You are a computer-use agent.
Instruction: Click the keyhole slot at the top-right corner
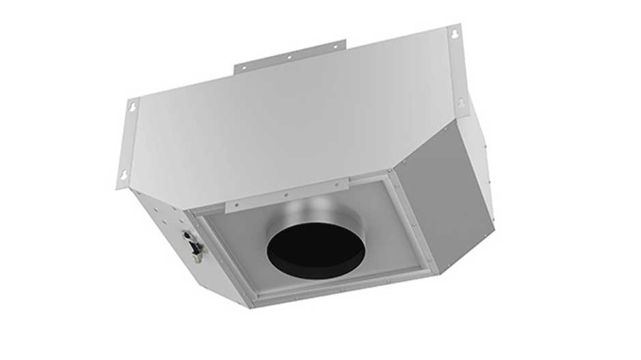454,32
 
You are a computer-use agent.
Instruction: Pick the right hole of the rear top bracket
333,47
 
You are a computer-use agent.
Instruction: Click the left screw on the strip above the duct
237,204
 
